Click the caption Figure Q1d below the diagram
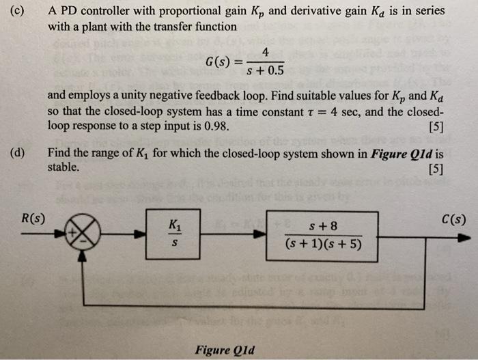pyautogui.click(x=225, y=350)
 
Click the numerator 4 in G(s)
pyautogui.click(x=264, y=53)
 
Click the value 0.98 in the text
pyautogui.click(x=214, y=126)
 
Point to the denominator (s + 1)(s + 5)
pyautogui.click(x=322, y=245)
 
